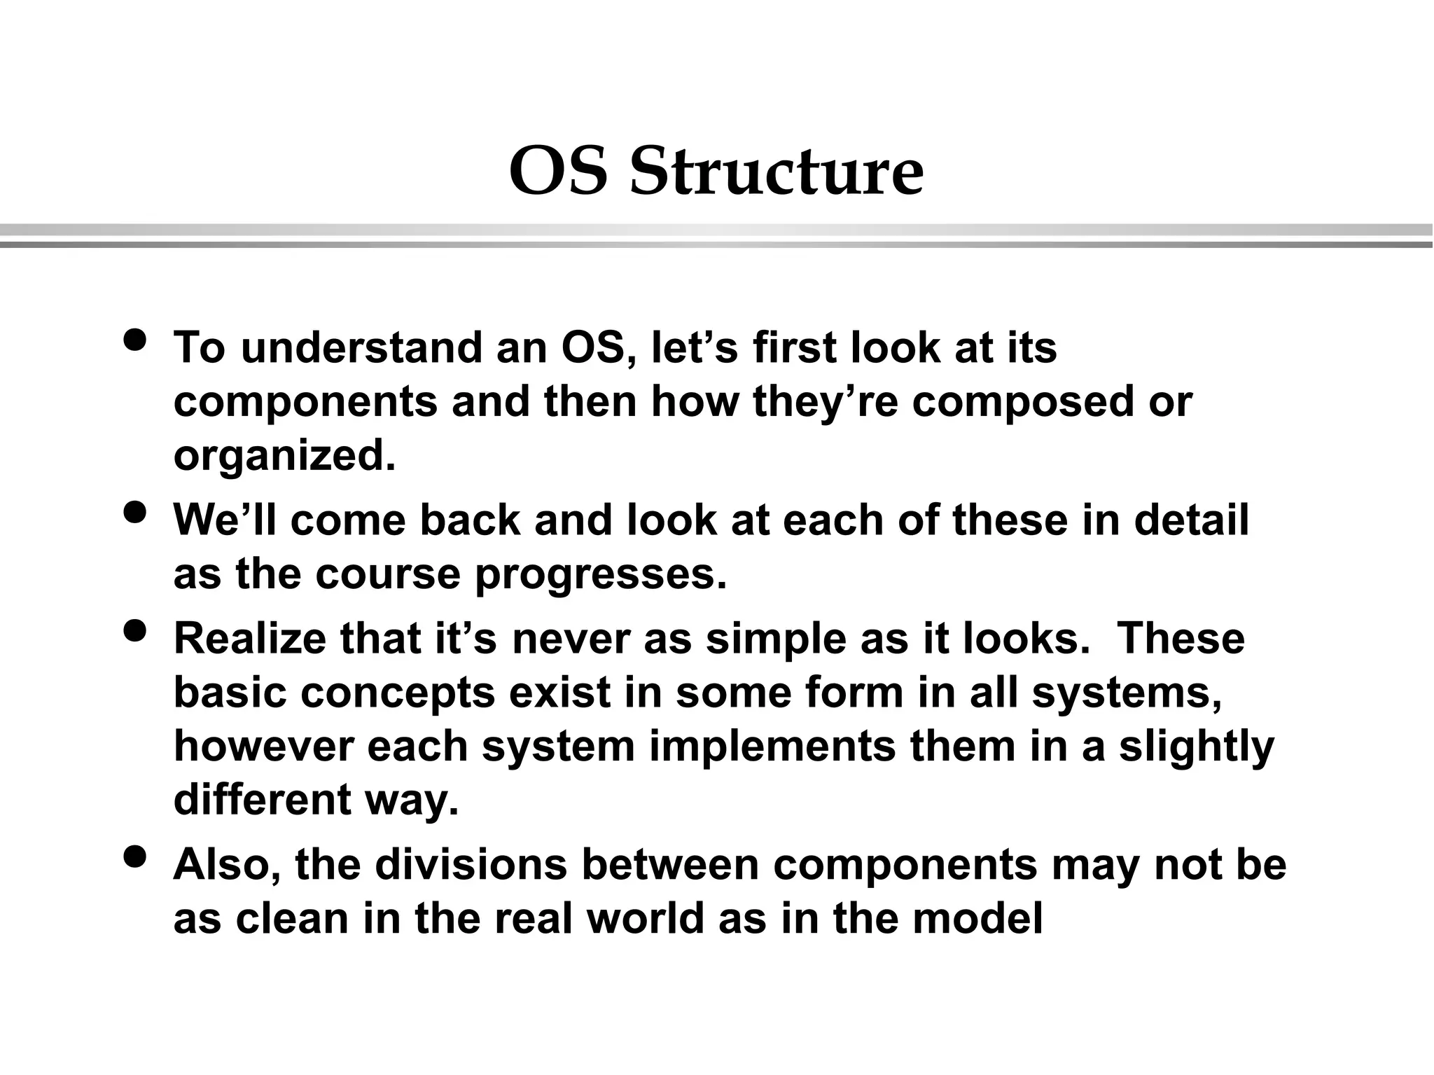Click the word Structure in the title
pyautogui.click(x=777, y=172)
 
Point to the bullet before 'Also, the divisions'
pyautogui.click(x=134, y=856)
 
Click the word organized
pyautogui.click(x=284, y=457)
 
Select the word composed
pyautogui.click(x=1022, y=402)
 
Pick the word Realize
pyautogui.click(x=249, y=639)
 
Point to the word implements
pyautogui.click(x=772, y=747)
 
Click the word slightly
pyautogui.click(x=1196, y=747)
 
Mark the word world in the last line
pyautogui.click(x=645, y=918)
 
